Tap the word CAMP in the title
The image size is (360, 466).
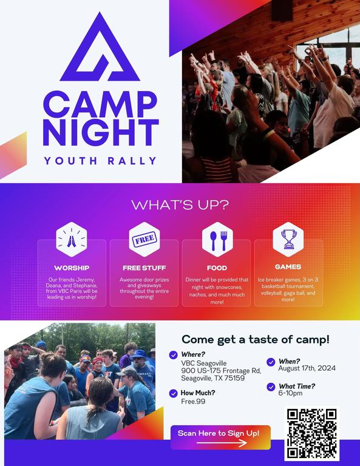[x=100, y=104]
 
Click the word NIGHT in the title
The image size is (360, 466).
[x=101, y=132]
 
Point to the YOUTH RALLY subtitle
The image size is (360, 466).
[x=100, y=161]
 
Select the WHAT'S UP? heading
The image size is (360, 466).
[x=180, y=205]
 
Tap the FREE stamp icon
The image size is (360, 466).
[x=144, y=239]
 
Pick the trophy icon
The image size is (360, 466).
[x=288, y=239]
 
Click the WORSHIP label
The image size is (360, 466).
[x=72, y=268]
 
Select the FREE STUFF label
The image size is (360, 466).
[x=144, y=268]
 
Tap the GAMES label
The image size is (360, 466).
[x=288, y=267]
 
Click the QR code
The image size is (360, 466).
[x=311, y=433]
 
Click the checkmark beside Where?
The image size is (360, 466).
[x=173, y=355]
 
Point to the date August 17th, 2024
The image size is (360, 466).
[x=307, y=368]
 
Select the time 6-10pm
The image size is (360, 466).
[x=290, y=393]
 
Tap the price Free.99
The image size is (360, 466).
[x=193, y=401]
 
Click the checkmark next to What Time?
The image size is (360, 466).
[x=271, y=387]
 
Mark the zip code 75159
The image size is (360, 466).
[x=235, y=378]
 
